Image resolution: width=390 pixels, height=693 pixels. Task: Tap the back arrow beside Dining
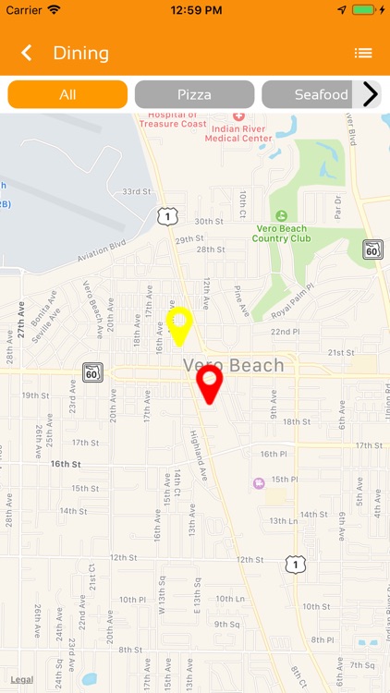coord(27,53)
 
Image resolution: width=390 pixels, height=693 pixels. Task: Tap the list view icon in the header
coord(363,53)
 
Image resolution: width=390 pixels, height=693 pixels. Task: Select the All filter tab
coord(67,94)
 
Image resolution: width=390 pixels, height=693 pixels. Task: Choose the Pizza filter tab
coord(194,94)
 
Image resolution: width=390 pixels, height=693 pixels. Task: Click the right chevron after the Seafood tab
coord(371,94)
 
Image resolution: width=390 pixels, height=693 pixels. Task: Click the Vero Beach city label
coord(234,365)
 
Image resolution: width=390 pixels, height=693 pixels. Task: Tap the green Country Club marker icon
coord(282,216)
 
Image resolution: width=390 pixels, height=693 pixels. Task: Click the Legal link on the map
coord(22,679)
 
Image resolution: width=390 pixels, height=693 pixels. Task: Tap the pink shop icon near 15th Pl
coord(258,482)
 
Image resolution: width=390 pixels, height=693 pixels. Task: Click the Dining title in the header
coord(81,53)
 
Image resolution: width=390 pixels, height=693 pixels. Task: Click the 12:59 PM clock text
coord(194,9)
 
